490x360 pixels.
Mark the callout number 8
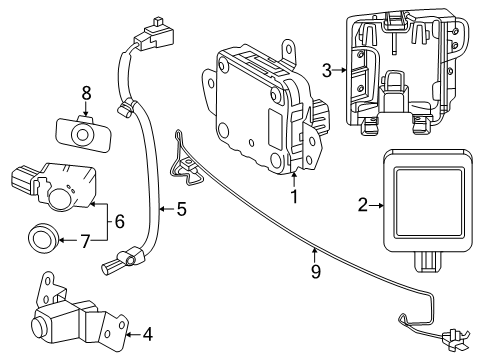[86, 94]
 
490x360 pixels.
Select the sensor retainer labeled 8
[74, 130]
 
